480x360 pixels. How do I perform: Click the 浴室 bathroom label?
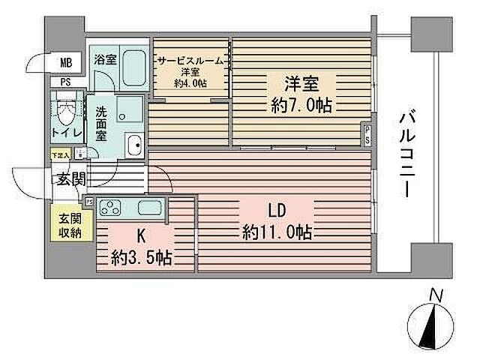(104, 59)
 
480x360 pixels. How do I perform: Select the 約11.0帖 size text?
(277, 232)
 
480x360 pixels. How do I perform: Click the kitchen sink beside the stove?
(148, 207)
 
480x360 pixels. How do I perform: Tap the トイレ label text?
(66, 133)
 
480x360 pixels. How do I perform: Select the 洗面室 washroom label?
(101, 124)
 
